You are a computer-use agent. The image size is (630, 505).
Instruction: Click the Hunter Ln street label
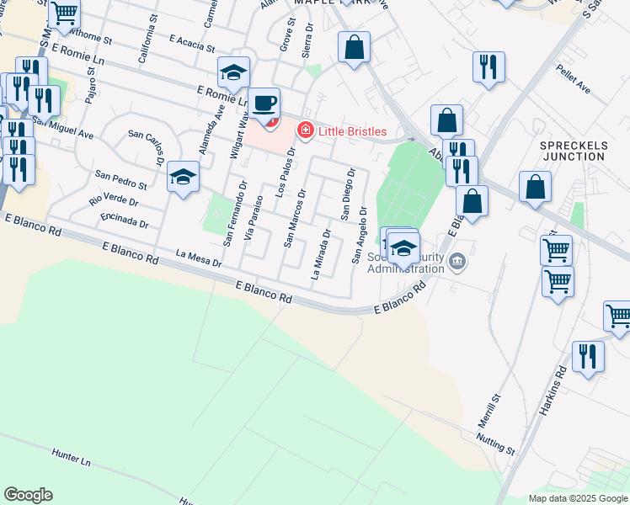tap(71, 456)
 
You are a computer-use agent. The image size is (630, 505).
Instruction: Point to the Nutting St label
tap(494, 442)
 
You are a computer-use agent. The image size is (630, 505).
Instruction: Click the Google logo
tap(28, 495)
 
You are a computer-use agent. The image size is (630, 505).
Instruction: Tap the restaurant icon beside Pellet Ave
tap(488, 67)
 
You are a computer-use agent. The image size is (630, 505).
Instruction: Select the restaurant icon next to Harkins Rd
tap(588, 357)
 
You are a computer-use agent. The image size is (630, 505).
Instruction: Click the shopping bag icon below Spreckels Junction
tap(536, 189)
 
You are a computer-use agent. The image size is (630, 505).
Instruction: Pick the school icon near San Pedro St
tap(183, 177)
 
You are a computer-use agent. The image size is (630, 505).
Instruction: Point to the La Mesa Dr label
tap(198, 257)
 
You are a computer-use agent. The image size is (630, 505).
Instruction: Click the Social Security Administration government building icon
tap(457, 261)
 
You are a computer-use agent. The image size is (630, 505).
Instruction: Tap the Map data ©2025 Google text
tap(577, 498)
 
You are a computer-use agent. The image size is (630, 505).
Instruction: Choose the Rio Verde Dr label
tap(114, 202)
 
